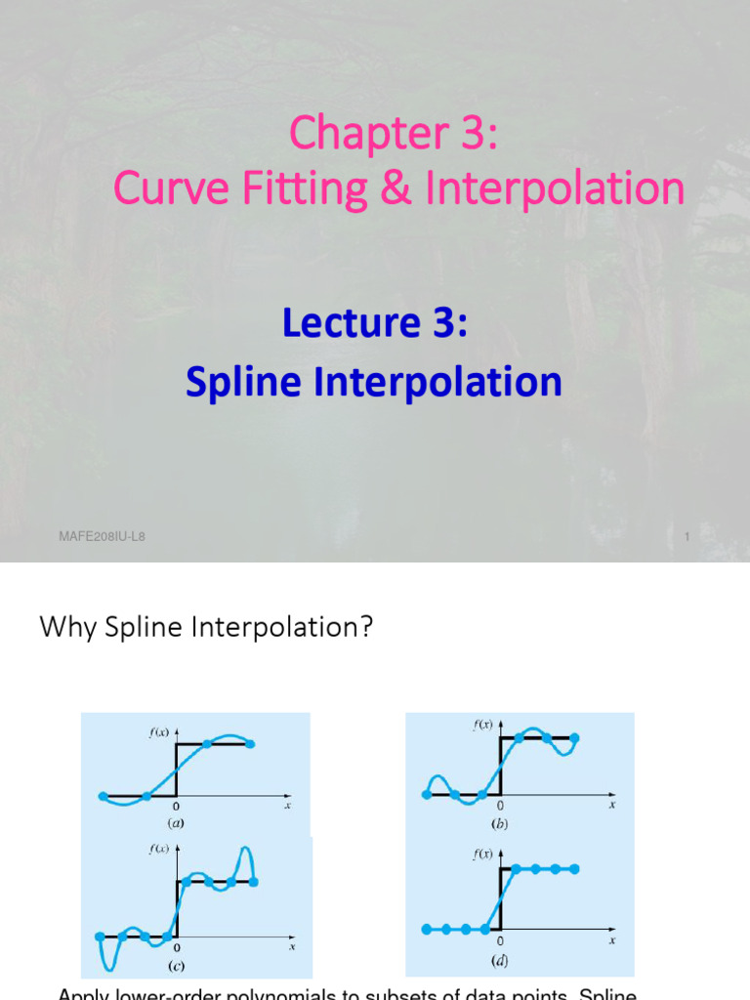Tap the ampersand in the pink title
[x=395, y=187]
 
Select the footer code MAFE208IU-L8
[x=103, y=537]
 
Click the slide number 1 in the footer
[x=687, y=537]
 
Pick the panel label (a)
[x=176, y=823]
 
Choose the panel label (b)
[x=500, y=823]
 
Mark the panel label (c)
[x=176, y=966]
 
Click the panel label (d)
[x=500, y=960]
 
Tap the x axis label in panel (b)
[x=612, y=806]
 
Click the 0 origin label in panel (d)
[x=500, y=940]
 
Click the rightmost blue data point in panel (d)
[x=576, y=868]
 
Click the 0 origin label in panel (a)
[x=176, y=807]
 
